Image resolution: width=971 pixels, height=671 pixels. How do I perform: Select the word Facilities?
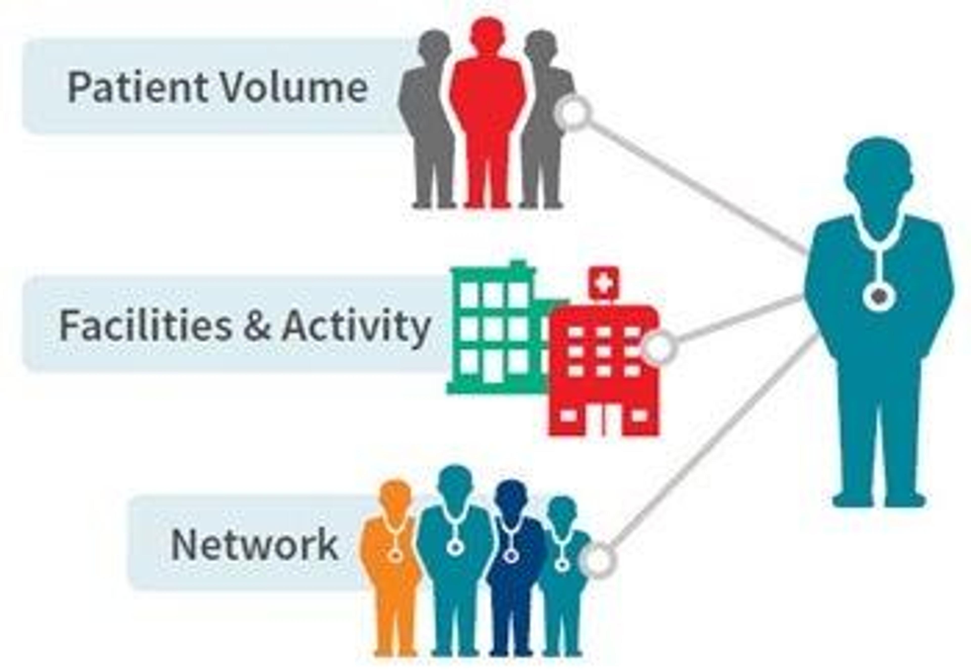[145, 326]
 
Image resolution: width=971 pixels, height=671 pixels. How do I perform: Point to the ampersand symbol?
[256, 326]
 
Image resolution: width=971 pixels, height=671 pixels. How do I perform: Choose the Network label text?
[254, 544]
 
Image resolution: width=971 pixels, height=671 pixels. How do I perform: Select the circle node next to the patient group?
[573, 111]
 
